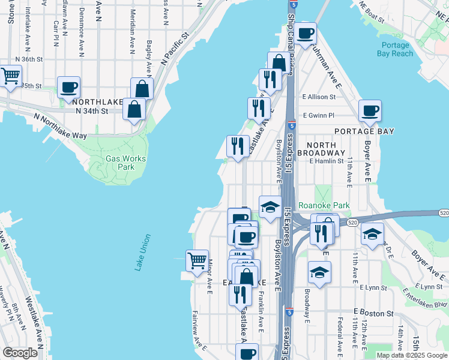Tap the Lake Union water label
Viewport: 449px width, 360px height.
pos(142,253)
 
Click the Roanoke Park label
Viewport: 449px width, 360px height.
pos(324,205)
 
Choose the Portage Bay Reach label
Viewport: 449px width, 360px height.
pos(394,49)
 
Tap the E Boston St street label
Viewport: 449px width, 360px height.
pos(373,313)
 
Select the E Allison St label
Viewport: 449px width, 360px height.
pos(322,96)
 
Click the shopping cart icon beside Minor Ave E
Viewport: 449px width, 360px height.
pos(197,260)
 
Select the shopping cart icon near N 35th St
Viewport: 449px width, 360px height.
pos(10,76)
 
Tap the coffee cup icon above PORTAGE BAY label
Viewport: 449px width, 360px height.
pos(370,110)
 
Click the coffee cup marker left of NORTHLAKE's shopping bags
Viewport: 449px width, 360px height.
pos(68,87)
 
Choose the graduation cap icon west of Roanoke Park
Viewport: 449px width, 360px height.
pos(270,207)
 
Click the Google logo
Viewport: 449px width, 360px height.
pos(20,353)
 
